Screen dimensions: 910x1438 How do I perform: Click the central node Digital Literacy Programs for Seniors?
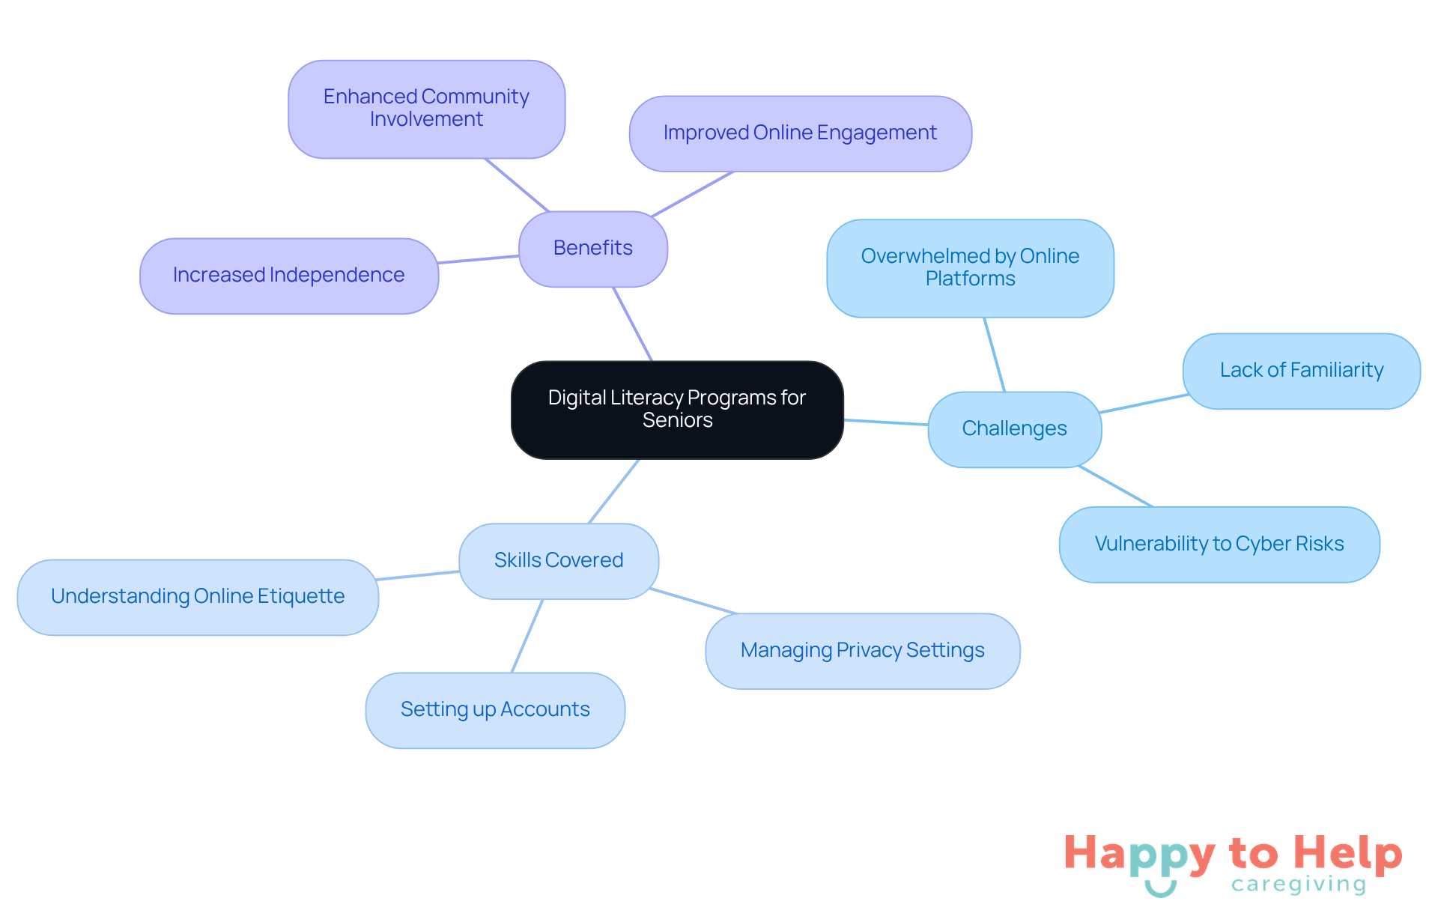677,409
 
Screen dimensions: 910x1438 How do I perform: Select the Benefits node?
592,248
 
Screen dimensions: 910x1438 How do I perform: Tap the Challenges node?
1014,428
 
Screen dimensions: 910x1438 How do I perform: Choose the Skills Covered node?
559,560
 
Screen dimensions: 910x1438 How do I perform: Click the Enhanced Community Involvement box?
426,109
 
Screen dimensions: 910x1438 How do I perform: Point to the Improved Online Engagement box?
800,133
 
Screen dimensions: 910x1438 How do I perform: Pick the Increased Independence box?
288,276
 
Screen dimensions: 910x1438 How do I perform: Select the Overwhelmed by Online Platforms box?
970,267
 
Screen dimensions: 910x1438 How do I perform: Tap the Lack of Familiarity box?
1301,371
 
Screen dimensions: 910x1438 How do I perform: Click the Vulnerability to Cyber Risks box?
1219,544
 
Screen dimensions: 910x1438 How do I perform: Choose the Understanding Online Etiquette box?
198,597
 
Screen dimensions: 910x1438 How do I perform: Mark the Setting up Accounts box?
495,709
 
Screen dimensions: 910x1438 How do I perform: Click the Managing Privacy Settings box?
862,650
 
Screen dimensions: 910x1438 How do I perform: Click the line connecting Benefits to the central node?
633,324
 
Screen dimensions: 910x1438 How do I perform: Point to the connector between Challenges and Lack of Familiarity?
1142,404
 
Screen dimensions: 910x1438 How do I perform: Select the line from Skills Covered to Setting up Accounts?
527,636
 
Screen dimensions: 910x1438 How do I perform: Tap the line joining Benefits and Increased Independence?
478,259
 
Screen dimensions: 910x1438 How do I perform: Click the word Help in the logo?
1348,853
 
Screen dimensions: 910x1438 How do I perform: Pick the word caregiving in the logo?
1299,885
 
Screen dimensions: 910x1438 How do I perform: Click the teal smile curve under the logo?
1160,891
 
